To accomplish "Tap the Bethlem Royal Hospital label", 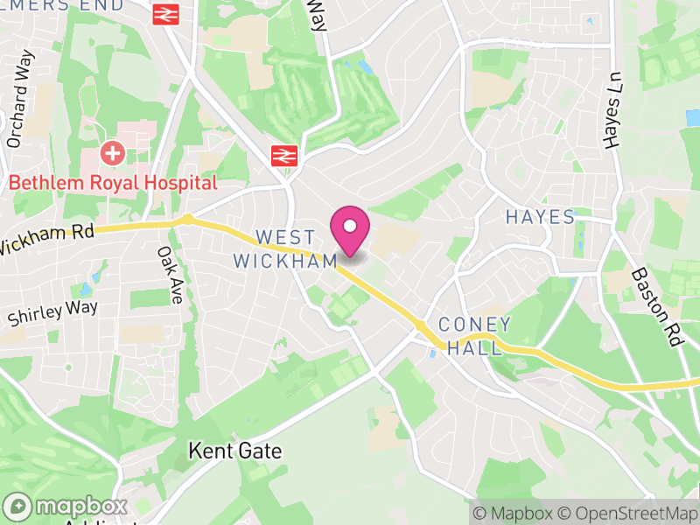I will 113,183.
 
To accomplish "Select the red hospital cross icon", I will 112,154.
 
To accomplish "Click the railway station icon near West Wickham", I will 282,156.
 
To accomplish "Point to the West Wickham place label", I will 285,249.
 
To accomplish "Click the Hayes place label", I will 540,217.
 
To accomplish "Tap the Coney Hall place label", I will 475,336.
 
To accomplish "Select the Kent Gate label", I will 235,451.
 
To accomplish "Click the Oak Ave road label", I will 169,275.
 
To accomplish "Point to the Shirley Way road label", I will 52,312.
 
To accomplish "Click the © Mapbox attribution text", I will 513,513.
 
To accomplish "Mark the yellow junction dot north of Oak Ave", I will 186,219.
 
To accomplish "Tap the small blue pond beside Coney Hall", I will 434,353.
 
